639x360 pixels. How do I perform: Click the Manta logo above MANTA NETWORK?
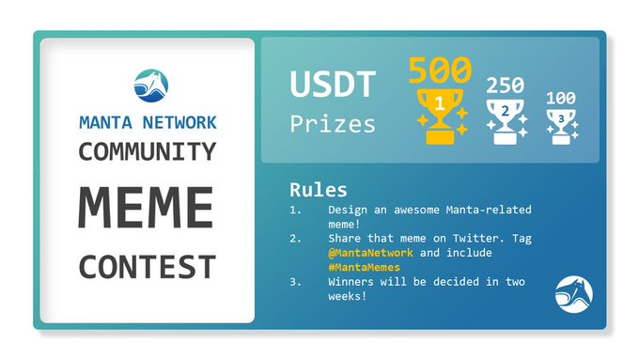click(150, 86)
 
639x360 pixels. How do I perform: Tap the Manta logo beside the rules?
click(574, 294)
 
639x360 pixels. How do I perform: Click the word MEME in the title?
click(146, 208)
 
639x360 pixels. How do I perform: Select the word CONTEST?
click(148, 267)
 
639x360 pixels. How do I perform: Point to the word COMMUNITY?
click(148, 151)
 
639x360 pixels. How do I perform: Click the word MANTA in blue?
click(105, 123)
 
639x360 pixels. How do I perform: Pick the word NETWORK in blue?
click(179, 123)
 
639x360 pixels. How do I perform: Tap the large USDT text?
click(333, 84)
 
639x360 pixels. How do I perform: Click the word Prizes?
click(333, 124)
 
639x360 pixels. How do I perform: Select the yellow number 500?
click(440, 70)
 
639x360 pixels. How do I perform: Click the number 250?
click(505, 86)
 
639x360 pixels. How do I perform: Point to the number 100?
click(561, 99)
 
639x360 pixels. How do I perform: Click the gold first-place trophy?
click(440, 117)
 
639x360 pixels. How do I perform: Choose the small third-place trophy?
click(562, 127)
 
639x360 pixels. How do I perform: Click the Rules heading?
click(319, 190)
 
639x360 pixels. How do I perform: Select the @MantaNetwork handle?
click(370, 253)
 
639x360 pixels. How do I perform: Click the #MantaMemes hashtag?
click(364, 268)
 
